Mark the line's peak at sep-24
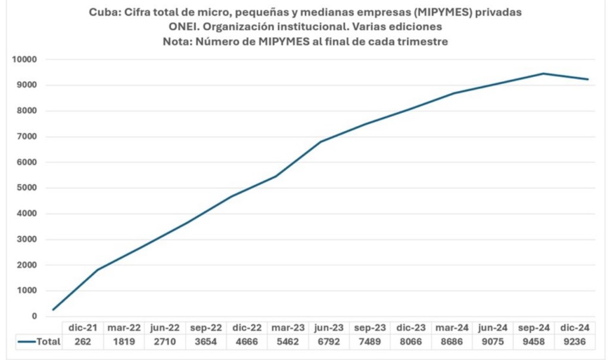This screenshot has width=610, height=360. click(x=543, y=74)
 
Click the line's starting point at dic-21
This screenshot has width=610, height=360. click(x=54, y=310)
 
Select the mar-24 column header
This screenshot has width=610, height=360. click(x=450, y=327)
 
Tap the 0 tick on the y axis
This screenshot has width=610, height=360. click(x=35, y=316)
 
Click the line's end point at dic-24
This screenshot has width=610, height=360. click(x=589, y=79)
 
